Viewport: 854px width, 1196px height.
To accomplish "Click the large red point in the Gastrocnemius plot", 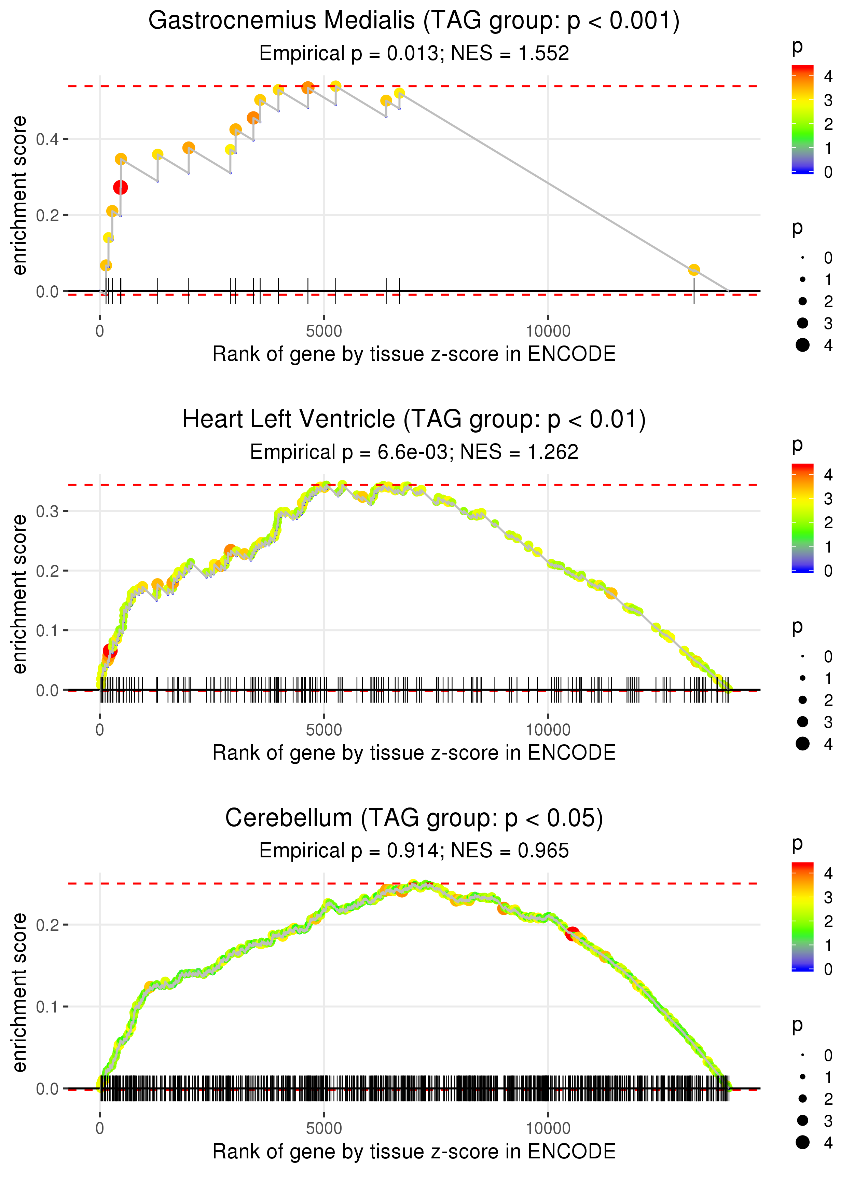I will pyautogui.click(x=121, y=187).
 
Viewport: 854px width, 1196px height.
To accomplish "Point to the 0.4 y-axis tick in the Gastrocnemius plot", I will pyautogui.click(x=47, y=139).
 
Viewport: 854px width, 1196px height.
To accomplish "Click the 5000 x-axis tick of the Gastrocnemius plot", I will pyautogui.click(x=324, y=331).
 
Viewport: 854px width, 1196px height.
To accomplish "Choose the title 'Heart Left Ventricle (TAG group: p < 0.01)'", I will pyautogui.click(x=414, y=420).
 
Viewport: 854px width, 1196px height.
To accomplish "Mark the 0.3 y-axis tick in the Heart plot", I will pyautogui.click(x=47, y=511).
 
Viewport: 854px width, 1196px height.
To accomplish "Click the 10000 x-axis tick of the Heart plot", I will pyautogui.click(x=548, y=730).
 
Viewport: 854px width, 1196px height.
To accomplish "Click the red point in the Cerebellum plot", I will pyautogui.click(x=572, y=934).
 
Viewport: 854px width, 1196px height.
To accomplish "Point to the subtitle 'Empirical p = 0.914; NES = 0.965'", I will pyautogui.click(x=414, y=851).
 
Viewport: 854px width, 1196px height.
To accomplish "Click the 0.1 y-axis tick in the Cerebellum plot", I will pyautogui.click(x=47, y=1007).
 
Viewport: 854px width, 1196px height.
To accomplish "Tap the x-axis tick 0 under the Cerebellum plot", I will pyautogui.click(x=100, y=1129).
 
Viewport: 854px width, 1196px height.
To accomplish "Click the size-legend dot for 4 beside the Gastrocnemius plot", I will pyautogui.click(x=802, y=345).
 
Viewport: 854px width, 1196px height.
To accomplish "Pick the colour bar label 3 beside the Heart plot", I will pyautogui.click(x=828, y=499).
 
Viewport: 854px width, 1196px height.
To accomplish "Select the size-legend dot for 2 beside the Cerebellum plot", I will pyautogui.click(x=802, y=1099).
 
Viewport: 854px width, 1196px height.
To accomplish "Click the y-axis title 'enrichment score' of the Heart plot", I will pyautogui.click(x=19, y=594).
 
